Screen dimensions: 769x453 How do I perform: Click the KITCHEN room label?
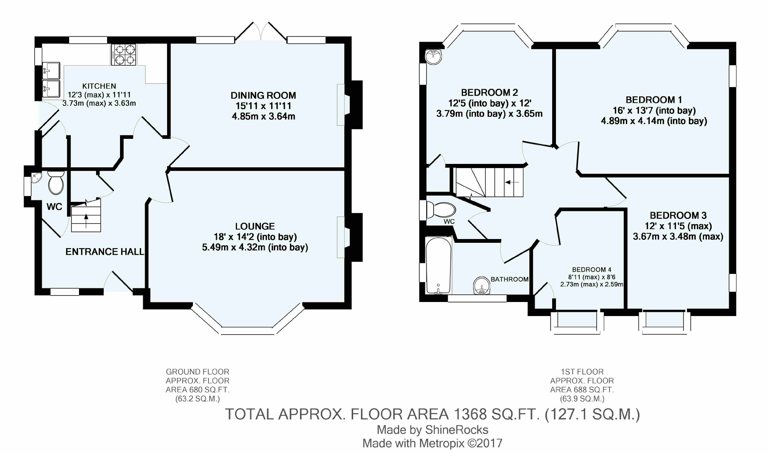[x=99, y=86]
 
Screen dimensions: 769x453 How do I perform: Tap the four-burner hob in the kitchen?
[x=123, y=54]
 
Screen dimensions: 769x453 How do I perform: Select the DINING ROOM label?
[x=263, y=95]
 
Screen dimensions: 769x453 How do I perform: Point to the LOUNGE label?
[x=255, y=226]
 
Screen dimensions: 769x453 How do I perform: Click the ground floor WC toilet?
[x=56, y=182]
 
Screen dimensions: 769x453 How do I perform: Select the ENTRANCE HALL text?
[x=105, y=252]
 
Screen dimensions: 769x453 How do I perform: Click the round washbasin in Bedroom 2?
[x=433, y=57]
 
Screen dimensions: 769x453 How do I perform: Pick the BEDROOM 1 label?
[x=654, y=100]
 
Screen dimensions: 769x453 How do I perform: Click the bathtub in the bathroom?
[x=438, y=266]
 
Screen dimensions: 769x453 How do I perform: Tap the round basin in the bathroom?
[x=482, y=285]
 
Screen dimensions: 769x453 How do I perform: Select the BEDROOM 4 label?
[x=592, y=270]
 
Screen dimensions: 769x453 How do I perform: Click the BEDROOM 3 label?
[x=678, y=215]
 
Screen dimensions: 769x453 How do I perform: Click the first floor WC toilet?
[x=441, y=210]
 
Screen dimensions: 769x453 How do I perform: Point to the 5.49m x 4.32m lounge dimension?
[x=255, y=247]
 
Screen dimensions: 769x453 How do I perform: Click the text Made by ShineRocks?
[x=433, y=429]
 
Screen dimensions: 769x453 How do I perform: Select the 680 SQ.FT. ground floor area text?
[x=197, y=390]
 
